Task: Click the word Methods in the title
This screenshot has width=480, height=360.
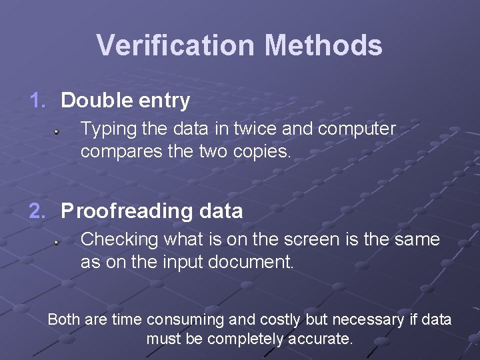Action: click(323, 45)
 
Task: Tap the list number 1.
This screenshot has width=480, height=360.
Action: click(37, 101)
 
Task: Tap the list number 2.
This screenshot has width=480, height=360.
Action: click(37, 211)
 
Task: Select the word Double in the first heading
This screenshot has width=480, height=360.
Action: click(93, 101)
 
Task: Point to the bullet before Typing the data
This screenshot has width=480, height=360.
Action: click(58, 132)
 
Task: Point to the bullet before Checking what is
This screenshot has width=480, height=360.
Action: click(58, 243)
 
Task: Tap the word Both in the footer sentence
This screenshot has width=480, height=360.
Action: click(64, 320)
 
